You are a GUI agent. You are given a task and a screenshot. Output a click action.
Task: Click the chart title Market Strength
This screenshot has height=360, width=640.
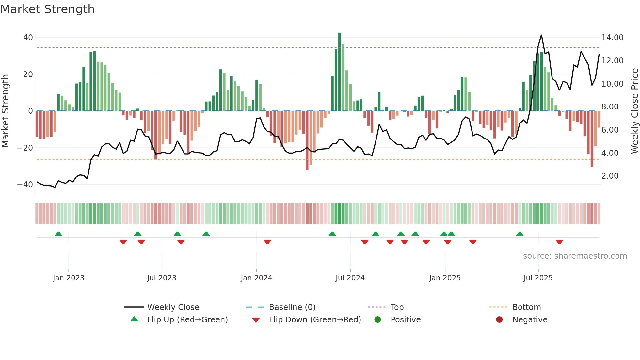[x=47, y=9]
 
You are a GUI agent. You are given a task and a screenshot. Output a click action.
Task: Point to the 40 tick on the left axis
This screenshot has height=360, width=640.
[x=28, y=38]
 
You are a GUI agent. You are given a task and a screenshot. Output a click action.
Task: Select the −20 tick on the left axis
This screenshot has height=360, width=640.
[x=25, y=148]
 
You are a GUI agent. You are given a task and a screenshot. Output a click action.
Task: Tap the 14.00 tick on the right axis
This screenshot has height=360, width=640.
[x=612, y=38]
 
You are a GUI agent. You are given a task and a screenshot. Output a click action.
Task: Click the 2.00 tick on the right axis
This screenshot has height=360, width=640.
[x=610, y=176]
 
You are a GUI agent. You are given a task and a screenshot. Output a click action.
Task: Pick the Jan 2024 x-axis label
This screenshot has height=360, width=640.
[x=256, y=278]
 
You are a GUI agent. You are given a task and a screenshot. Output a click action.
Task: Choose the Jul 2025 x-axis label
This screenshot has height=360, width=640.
[x=538, y=278]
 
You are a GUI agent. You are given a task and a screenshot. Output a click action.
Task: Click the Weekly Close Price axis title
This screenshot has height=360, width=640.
[x=634, y=111]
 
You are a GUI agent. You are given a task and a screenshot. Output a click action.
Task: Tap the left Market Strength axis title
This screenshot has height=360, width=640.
[x=5, y=111]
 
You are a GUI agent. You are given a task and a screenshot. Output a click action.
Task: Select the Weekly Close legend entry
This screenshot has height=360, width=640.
[x=173, y=307]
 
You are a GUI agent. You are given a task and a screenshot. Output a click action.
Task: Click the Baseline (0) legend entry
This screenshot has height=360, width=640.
[x=292, y=307]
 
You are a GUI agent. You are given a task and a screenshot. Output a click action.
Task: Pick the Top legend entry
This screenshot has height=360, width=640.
[x=397, y=307]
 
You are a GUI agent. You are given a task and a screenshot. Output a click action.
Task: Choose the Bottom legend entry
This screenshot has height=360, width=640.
[x=526, y=307]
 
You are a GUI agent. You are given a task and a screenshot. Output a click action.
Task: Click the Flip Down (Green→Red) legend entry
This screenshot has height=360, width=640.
[x=315, y=320]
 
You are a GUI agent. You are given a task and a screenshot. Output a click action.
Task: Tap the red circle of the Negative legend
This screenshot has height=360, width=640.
[x=499, y=320]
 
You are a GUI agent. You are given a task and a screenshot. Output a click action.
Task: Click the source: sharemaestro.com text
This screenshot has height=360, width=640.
[x=575, y=256]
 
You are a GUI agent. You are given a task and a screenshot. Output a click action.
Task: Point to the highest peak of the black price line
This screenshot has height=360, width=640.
[x=541, y=35]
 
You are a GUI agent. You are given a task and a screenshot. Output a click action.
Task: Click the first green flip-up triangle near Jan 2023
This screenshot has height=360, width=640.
[x=58, y=234]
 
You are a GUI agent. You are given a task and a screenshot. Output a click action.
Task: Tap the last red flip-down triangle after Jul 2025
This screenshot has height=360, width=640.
[x=559, y=242]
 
